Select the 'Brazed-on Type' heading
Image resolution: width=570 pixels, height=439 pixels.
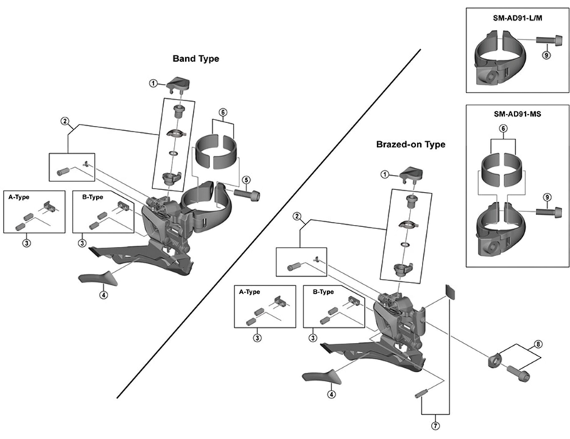(x=410, y=144)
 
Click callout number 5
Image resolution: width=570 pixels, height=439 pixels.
(x=245, y=179)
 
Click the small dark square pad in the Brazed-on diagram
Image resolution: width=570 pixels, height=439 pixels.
(x=448, y=290)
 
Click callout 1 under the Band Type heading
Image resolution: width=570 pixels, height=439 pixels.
(x=153, y=83)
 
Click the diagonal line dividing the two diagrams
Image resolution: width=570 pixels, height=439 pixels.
(x=271, y=221)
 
